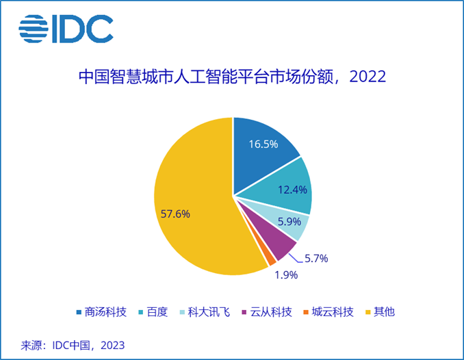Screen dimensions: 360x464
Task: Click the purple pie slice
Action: click(x=274, y=240)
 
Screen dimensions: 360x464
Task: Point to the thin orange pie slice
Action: click(x=271, y=259)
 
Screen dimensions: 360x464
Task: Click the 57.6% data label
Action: click(x=175, y=214)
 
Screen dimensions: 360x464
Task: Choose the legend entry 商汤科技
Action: click(x=103, y=312)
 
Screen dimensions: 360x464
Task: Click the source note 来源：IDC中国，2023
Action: click(x=66, y=344)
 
